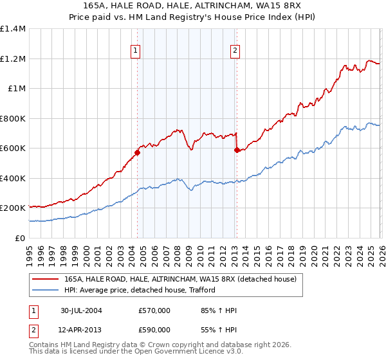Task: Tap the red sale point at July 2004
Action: click(x=137, y=153)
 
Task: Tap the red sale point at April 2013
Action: click(x=236, y=150)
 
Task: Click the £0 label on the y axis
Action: click(x=20, y=238)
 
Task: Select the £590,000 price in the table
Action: click(x=154, y=329)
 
